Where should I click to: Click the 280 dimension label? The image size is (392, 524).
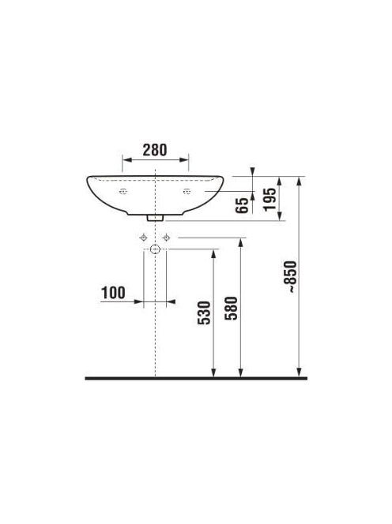point(155,150)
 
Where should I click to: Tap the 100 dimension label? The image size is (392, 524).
point(113,293)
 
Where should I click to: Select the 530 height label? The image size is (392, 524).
point(204,313)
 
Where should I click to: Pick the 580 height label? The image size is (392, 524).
point(231,308)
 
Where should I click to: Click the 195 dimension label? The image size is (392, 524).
point(269,200)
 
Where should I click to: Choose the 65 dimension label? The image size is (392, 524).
point(243,205)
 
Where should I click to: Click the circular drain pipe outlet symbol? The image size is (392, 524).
point(155,249)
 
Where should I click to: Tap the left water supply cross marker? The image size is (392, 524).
point(144,238)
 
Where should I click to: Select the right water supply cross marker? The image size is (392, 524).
point(167,238)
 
